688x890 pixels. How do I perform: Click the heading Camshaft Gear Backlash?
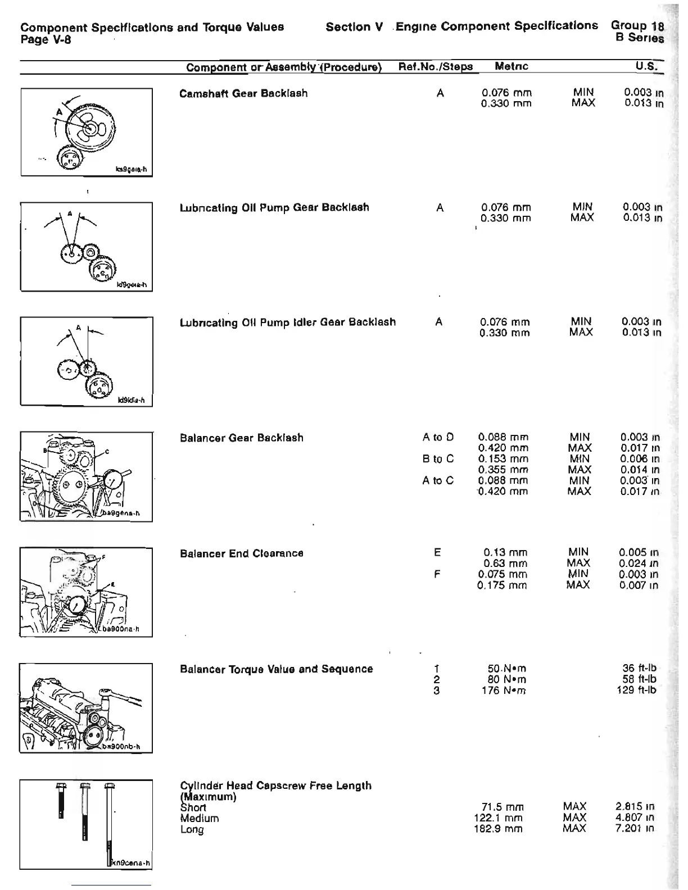tap(243, 93)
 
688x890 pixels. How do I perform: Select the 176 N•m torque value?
tap(506, 691)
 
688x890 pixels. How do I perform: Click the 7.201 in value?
tap(635, 829)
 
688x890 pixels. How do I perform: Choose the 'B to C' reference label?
tap(438, 459)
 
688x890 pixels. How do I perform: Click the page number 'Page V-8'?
tap(46, 39)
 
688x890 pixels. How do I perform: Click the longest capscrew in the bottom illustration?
tap(109, 820)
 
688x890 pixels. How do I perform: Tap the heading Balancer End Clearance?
tap(241, 554)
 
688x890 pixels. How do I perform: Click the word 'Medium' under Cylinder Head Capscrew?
tap(200, 819)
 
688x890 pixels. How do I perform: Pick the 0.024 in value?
tap(639, 564)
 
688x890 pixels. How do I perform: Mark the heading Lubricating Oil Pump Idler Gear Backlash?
tap(287, 323)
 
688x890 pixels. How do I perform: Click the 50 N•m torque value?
tap(506, 669)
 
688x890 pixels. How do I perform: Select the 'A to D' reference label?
tap(438, 437)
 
